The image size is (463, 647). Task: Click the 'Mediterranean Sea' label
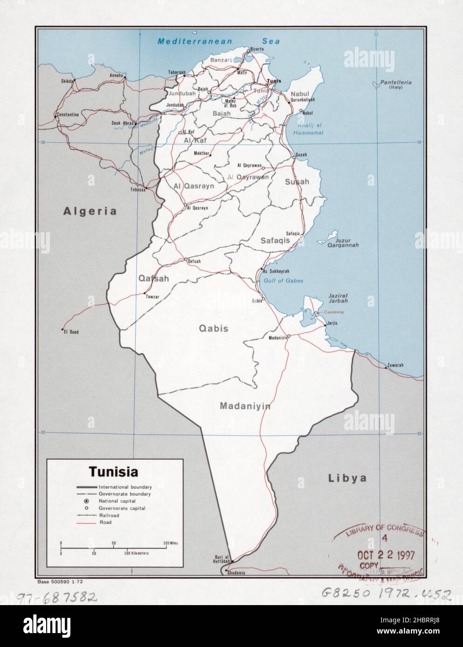(218, 41)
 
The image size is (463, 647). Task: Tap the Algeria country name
(90, 211)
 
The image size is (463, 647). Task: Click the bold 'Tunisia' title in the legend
(114, 472)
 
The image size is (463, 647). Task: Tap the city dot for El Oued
(62, 330)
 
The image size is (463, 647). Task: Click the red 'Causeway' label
(334, 312)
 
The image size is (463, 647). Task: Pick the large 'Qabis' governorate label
(214, 328)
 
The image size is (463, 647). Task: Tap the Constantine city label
(67, 114)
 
